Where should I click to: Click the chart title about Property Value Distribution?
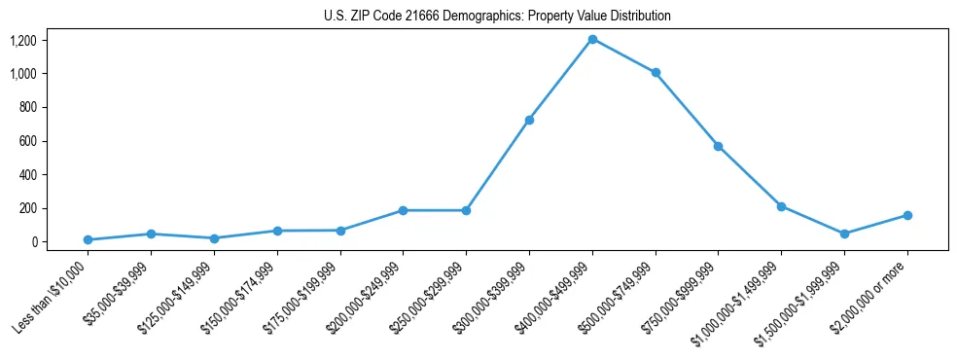[497, 17]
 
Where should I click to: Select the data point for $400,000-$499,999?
[592, 39]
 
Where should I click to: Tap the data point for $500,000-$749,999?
[656, 72]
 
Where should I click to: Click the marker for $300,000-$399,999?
[529, 120]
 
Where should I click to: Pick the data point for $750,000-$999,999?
[718, 146]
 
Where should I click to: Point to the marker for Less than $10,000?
[88, 239]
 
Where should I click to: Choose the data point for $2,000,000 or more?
[907, 215]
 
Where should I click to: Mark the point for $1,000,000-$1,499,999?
[781, 206]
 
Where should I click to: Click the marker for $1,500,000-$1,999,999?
[844, 234]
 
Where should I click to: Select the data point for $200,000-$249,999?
[403, 210]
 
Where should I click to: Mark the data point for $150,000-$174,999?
[277, 231]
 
